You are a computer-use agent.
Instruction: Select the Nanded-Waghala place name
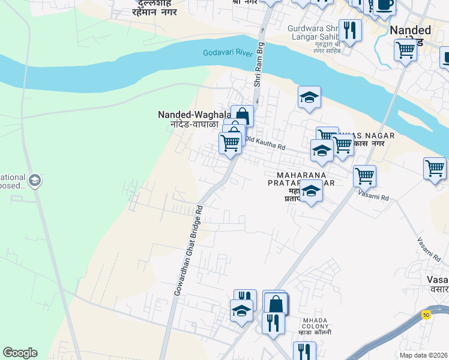(193, 115)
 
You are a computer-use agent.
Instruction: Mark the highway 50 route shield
(426, 314)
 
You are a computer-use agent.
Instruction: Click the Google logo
(20, 353)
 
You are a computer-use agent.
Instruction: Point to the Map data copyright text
(424, 355)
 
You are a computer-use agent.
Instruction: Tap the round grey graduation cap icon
(34, 180)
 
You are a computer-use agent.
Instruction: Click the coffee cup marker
(384, 5)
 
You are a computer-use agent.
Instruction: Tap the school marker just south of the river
(309, 97)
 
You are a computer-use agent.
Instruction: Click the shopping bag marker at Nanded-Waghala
(241, 115)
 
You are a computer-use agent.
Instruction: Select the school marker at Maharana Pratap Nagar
(311, 191)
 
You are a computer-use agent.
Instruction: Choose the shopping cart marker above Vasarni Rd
(364, 176)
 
